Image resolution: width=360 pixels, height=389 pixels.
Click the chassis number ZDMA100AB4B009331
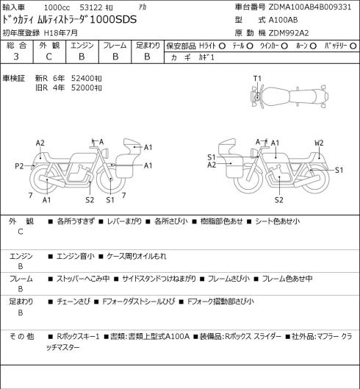click(309, 7)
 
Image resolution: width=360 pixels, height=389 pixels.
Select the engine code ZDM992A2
click(289, 33)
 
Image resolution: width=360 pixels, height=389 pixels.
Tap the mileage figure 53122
click(91, 7)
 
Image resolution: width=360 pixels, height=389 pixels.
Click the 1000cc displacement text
click(57, 7)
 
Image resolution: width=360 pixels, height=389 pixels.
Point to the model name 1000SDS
click(113, 20)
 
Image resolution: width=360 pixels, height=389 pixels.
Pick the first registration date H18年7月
click(61, 33)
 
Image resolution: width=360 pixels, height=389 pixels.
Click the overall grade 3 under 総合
click(16, 57)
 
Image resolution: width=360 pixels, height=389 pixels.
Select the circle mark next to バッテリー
click(353, 46)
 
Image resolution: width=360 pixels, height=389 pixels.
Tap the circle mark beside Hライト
click(222, 46)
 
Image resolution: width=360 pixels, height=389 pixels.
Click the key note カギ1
click(206, 57)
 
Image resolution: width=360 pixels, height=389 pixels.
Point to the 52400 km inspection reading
click(86, 79)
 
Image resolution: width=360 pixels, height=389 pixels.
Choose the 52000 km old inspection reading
click(86, 88)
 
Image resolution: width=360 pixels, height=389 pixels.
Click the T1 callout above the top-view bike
click(257, 79)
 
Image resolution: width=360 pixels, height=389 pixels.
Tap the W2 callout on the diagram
click(319, 143)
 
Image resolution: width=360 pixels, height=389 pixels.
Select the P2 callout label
click(19, 166)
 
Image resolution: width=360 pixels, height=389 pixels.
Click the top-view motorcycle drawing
click(289, 96)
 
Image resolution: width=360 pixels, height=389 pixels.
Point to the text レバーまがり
click(124, 221)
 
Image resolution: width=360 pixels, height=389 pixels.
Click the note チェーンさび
click(73, 301)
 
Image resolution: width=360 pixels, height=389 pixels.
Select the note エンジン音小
click(76, 256)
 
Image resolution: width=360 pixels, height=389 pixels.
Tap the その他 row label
click(21, 337)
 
